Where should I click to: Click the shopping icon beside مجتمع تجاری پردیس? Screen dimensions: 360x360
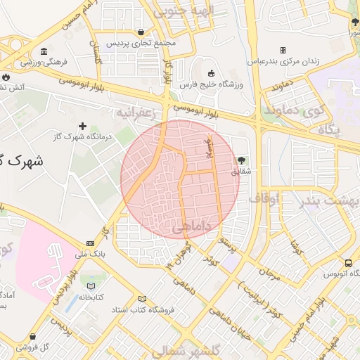(x=143, y=32)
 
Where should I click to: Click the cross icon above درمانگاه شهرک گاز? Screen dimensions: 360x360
(x=82, y=125)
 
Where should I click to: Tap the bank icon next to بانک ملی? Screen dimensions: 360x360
(x=90, y=243)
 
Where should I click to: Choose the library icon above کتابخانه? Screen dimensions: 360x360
(x=91, y=286)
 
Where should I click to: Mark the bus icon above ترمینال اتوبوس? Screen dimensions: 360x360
(x=348, y=263)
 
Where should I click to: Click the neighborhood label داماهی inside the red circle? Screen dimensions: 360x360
(x=188, y=226)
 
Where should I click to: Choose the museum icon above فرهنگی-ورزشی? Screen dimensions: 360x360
(x=44, y=52)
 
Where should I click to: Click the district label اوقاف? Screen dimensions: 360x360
(x=264, y=198)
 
